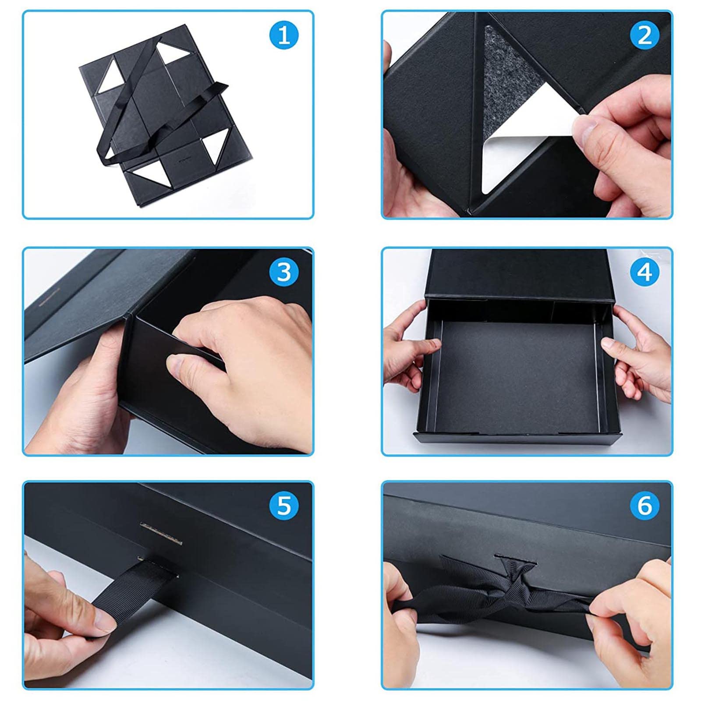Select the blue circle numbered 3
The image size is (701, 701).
click(x=284, y=272)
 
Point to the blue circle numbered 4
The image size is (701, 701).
click(x=644, y=272)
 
